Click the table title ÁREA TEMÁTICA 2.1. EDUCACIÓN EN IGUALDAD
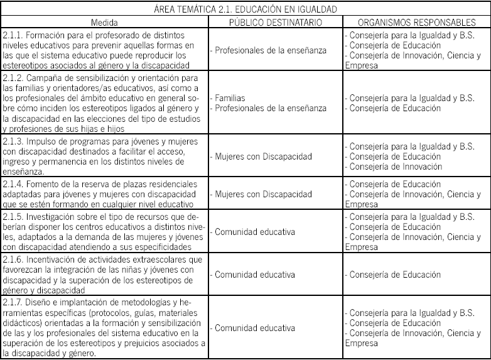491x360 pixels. coord(245,9)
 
